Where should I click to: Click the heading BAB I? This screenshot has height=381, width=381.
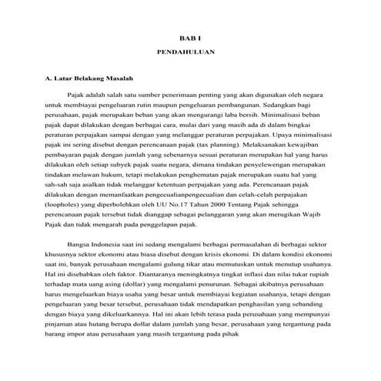pyautogui.click(x=189, y=37)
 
